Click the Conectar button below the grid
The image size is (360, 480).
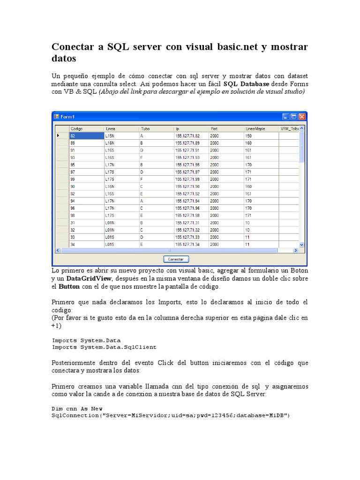[176, 259]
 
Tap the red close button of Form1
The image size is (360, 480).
[302, 116]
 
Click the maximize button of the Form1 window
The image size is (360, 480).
[294, 116]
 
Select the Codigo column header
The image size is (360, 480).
[86, 128]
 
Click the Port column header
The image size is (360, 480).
[226, 128]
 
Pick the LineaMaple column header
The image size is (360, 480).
[261, 128]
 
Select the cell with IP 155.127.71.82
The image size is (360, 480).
[191, 135]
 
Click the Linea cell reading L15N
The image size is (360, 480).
[121, 135]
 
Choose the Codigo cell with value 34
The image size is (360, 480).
[86, 244]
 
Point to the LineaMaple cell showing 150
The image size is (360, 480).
[261, 135]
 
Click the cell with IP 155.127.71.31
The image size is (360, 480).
[191, 223]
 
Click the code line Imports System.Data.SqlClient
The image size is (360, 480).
[104, 347]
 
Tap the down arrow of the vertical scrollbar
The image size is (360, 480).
[302, 244]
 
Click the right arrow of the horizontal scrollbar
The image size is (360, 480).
[296, 250]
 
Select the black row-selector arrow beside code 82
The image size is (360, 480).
[59, 135]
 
